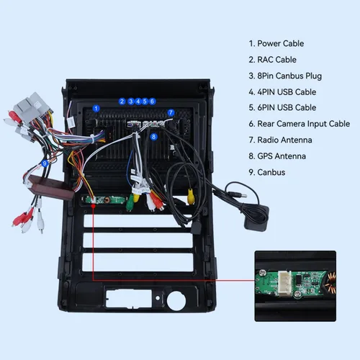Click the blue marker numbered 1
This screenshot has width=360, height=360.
click(96, 109)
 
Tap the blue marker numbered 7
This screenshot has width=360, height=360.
click(171, 112)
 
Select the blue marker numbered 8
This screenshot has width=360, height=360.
click(153, 137)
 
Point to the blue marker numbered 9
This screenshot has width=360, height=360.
click(45, 163)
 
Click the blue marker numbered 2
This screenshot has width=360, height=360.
click(122, 102)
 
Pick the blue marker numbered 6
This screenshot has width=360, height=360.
click(152, 102)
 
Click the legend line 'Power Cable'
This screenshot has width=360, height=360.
click(276, 43)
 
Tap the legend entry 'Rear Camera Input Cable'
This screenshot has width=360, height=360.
click(300, 124)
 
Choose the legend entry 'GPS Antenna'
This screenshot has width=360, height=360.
click(277, 156)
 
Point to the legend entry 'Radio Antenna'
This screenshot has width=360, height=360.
click(280, 140)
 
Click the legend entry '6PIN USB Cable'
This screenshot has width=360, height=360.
click(282, 107)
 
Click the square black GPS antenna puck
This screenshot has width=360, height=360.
click(256, 218)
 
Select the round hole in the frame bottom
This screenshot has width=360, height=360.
click(176, 301)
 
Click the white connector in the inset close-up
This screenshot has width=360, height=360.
click(284, 284)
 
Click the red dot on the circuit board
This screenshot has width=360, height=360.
click(93, 206)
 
